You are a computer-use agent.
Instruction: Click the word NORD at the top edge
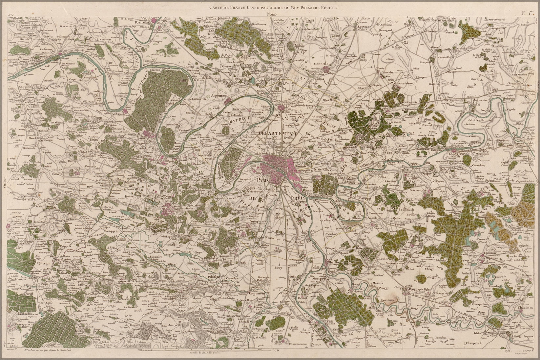click(271, 14)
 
